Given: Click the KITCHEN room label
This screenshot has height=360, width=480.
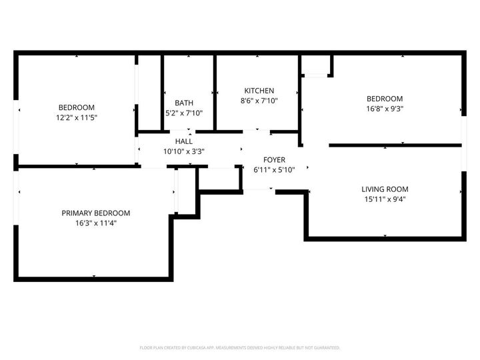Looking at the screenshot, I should tap(259, 91).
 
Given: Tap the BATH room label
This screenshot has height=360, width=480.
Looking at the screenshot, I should tap(184, 103).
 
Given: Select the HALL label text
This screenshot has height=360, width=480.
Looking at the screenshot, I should tap(184, 141).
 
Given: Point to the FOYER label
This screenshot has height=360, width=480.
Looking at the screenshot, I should tap(274, 160).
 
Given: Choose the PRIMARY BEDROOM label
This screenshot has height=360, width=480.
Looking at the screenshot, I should tap(96, 213).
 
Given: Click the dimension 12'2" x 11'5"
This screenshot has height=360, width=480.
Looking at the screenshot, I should tap(77, 117).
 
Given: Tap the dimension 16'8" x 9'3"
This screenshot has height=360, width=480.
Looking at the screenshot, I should tap(385, 109).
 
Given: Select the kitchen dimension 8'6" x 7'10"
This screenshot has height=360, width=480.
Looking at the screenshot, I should tap(259, 101).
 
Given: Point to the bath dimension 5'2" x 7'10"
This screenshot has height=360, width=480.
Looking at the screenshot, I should tap(184, 113).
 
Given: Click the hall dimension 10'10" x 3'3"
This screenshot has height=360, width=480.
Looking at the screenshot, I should tap(184, 151).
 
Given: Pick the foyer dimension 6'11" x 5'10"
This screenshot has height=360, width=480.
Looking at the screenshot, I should tap(274, 170).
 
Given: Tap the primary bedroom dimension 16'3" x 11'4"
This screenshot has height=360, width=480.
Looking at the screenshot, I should tap(96, 223).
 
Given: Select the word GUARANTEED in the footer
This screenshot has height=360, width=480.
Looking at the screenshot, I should tap(326, 347).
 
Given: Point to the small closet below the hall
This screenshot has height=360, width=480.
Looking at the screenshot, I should tap(219, 178).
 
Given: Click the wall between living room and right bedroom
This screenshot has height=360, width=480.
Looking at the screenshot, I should tap(395, 145).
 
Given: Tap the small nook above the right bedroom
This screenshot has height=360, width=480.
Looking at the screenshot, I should tap(316, 65).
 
